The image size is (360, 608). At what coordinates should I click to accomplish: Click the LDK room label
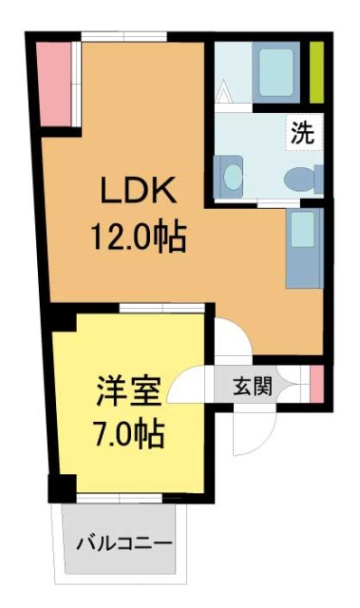(x=140, y=190)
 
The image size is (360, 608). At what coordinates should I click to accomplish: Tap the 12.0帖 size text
(x=139, y=233)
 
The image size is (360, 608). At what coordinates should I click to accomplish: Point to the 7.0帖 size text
(x=130, y=435)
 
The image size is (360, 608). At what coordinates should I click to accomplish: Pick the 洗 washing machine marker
(x=302, y=133)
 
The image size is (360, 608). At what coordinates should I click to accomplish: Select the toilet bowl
(x=302, y=178)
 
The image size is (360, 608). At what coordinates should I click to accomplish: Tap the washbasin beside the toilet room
(x=231, y=176)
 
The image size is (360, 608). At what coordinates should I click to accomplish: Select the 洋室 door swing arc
(x=192, y=384)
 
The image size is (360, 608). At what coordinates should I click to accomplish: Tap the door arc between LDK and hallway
(x=231, y=337)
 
